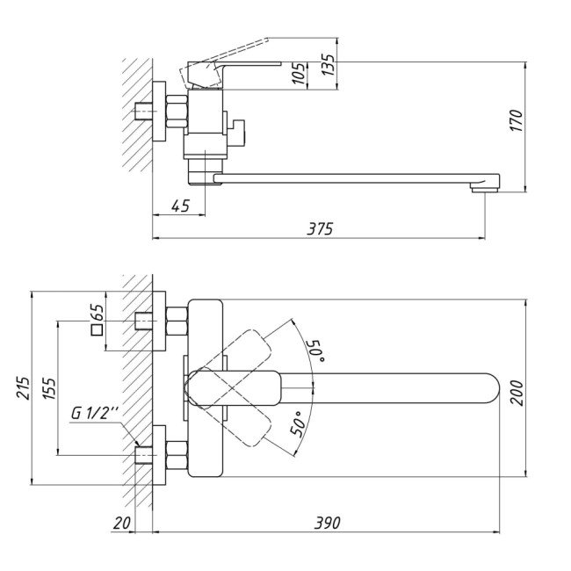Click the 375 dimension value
tap(321, 228)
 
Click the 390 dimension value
tap(327, 523)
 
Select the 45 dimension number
tap(181, 206)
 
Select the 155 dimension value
tap(48, 387)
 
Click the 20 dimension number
tap(122, 523)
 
